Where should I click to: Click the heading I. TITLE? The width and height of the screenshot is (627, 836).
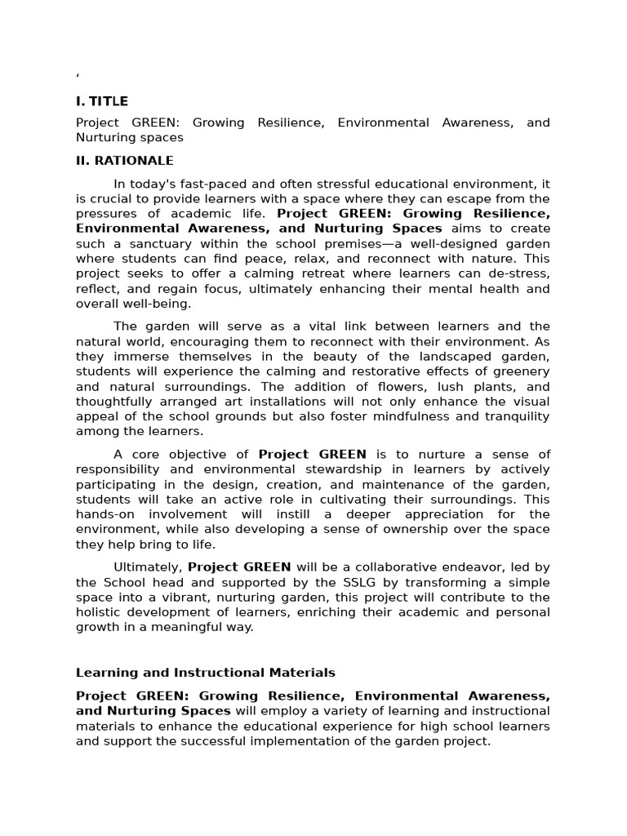coord(102,101)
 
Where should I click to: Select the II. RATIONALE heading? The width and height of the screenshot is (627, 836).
coord(125,161)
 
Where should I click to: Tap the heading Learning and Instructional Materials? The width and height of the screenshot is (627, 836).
coord(206,673)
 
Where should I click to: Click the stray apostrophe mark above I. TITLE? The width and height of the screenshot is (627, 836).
coord(78,76)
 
